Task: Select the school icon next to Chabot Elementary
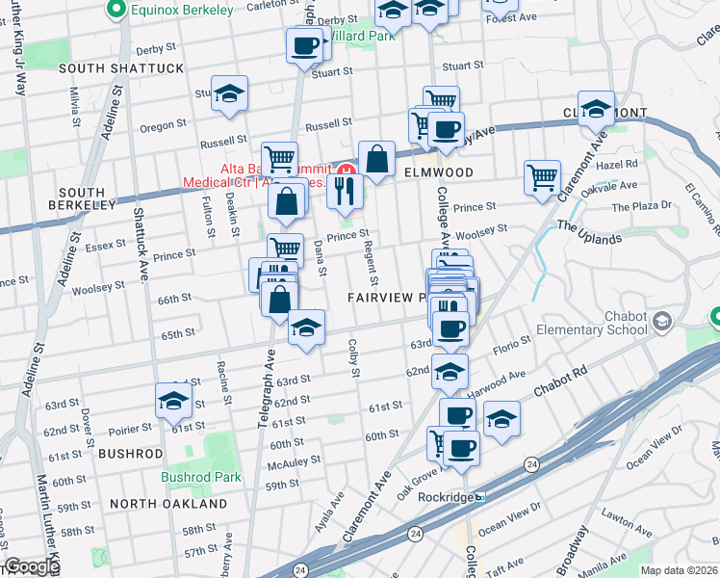pyautogui.click(x=662, y=321)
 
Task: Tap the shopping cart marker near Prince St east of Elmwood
pyautogui.click(x=542, y=176)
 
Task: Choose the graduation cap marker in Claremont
pyautogui.click(x=596, y=107)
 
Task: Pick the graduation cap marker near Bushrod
pyautogui.click(x=173, y=400)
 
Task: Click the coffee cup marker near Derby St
pyautogui.click(x=304, y=44)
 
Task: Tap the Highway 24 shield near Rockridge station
pyautogui.click(x=413, y=531)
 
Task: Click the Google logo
pyautogui.click(x=32, y=566)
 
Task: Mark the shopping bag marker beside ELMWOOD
pyautogui.click(x=377, y=158)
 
